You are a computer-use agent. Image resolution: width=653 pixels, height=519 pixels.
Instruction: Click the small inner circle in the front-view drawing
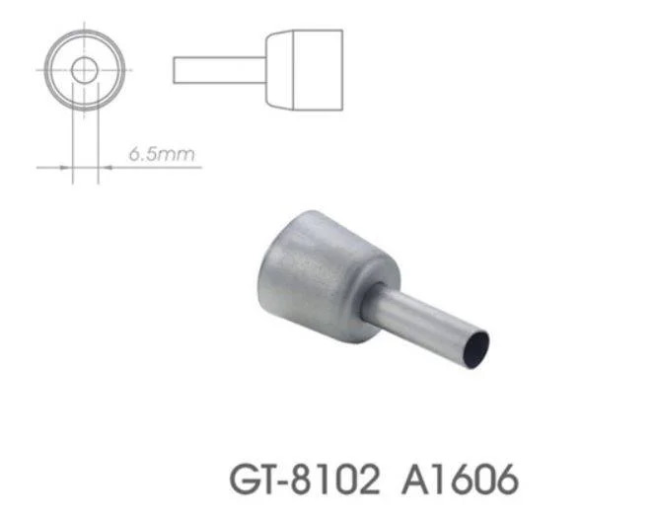click(x=85, y=70)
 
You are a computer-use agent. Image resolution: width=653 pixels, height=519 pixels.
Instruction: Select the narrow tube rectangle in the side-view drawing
click(x=217, y=70)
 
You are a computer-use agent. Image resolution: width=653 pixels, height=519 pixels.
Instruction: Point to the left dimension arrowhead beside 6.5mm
click(x=67, y=168)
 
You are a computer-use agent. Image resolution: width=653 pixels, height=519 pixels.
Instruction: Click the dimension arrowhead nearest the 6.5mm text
click(x=105, y=168)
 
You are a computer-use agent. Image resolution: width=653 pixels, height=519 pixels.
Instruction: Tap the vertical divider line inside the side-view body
click(x=293, y=69)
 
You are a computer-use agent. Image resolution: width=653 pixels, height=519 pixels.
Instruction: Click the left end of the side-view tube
click(x=175, y=70)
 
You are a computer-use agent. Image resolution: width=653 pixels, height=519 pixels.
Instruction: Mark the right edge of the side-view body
click(x=342, y=69)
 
